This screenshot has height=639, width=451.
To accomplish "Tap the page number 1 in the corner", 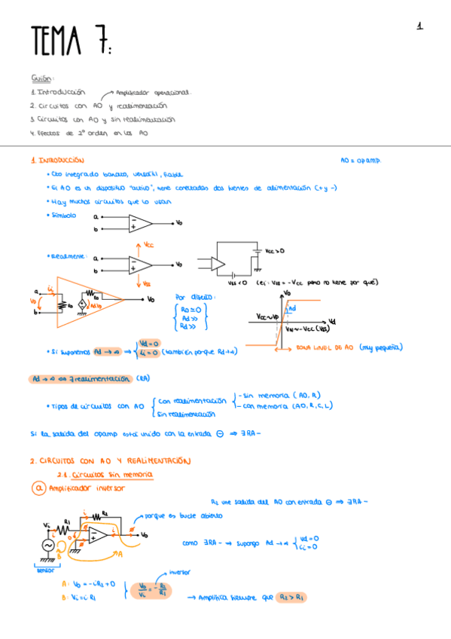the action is click(419, 26).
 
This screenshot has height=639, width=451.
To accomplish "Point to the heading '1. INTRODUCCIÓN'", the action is click(57, 161).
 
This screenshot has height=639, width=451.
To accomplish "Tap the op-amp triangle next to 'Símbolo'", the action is click(139, 223).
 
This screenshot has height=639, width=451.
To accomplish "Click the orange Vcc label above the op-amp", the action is click(148, 245).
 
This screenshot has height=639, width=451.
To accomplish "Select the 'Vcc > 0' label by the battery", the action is click(276, 250).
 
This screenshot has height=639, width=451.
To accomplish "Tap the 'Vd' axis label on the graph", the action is click(333, 321).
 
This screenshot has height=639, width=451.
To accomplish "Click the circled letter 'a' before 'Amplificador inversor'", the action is click(38, 488).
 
